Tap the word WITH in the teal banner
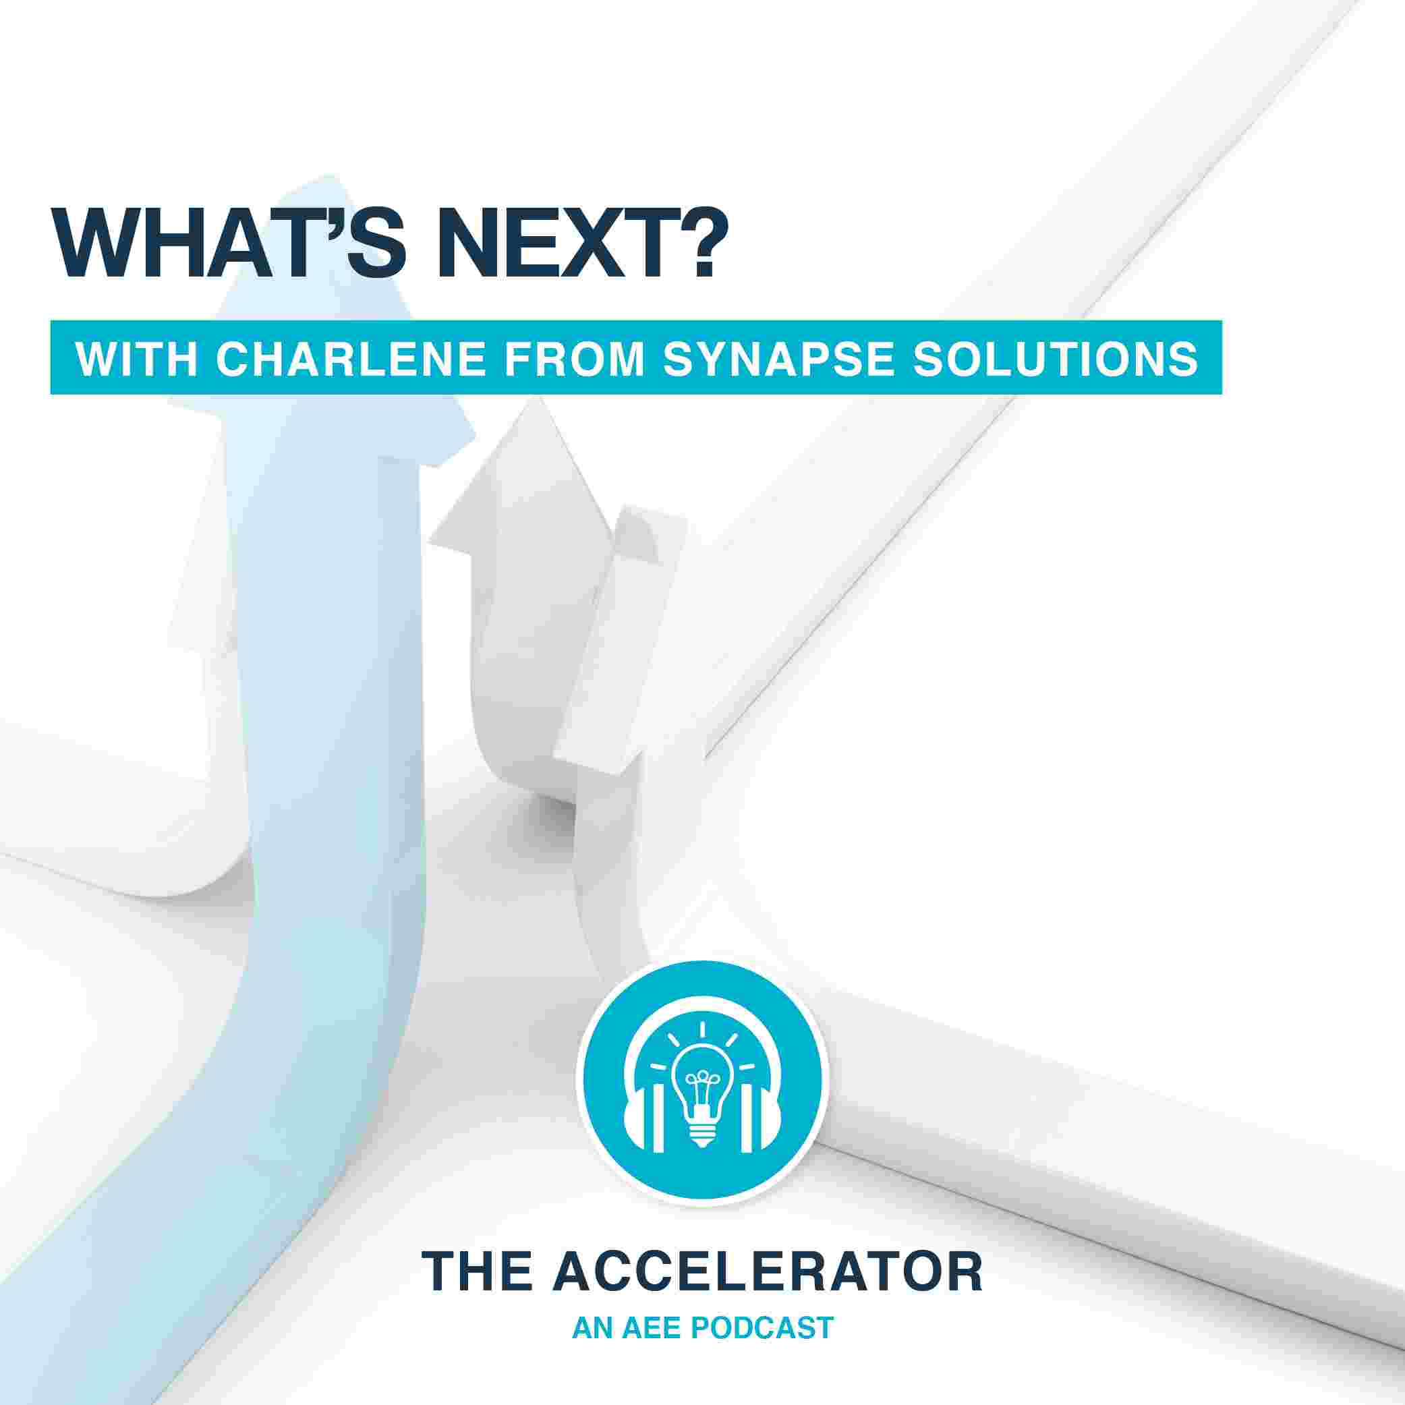(x=137, y=359)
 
